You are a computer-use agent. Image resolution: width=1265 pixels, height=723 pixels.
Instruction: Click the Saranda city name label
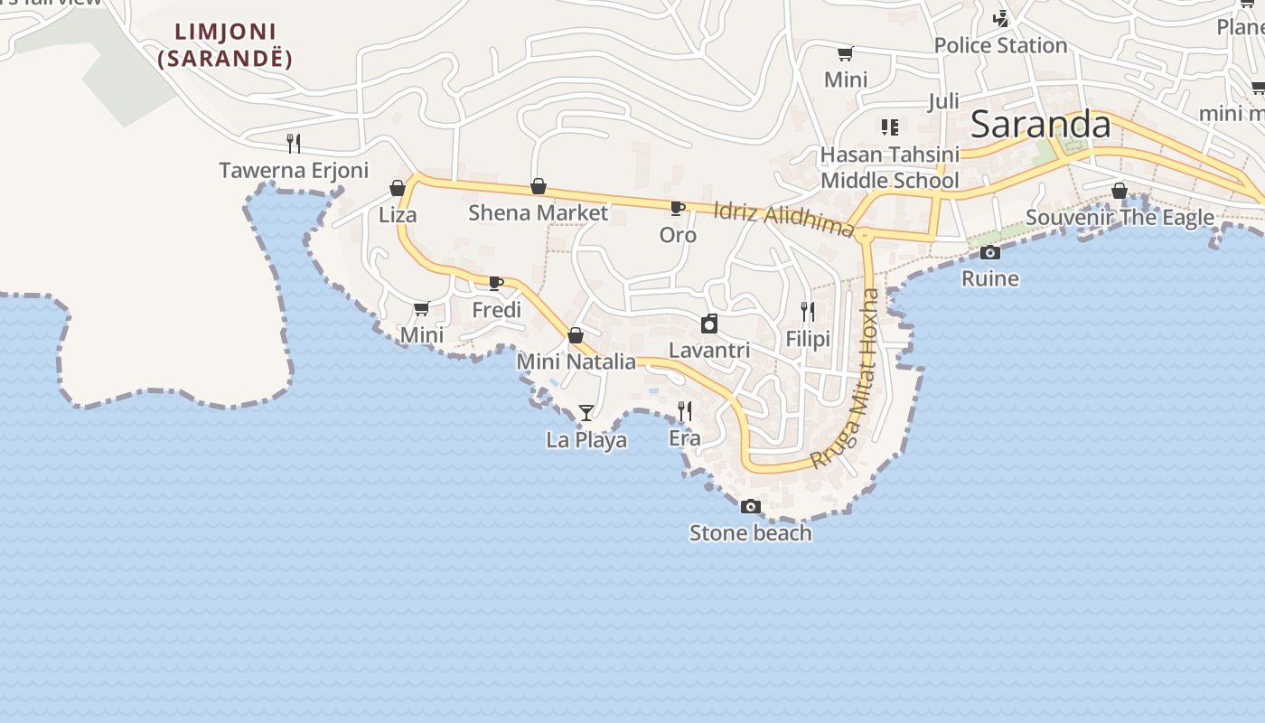click(x=1040, y=125)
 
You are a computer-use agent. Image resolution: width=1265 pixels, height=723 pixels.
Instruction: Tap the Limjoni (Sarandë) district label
click(x=225, y=45)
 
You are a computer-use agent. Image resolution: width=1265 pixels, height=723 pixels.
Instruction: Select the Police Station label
click(x=1000, y=45)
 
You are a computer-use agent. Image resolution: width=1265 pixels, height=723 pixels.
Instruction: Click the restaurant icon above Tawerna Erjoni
click(x=293, y=143)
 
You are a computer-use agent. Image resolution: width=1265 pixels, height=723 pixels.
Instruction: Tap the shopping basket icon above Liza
click(x=398, y=188)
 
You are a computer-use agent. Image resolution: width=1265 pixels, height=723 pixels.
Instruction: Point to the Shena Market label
click(x=539, y=212)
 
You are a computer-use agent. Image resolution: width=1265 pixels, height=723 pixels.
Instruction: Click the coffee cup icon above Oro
click(x=677, y=208)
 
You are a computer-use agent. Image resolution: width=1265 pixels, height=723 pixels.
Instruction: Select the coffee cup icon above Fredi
click(x=496, y=283)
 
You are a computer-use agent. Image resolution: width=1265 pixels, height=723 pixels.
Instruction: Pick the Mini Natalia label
click(x=576, y=361)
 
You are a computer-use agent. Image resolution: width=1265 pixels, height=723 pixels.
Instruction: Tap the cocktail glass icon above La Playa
click(x=586, y=413)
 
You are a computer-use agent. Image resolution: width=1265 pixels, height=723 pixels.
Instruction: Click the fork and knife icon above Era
click(x=685, y=411)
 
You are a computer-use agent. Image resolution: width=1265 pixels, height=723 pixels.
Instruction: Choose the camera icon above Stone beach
click(x=750, y=506)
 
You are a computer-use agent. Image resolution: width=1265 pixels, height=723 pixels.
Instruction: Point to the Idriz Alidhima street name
click(x=783, y=219)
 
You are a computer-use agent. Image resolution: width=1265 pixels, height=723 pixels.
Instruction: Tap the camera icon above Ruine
click(x=990, y=252)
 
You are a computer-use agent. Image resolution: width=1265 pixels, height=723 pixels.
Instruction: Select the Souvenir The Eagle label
click(x=1120, y=217)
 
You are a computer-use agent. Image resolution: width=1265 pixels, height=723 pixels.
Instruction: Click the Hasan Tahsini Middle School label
click(x=889, y=167)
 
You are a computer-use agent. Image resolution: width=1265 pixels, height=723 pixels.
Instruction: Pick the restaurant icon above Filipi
click(x=808, y=312)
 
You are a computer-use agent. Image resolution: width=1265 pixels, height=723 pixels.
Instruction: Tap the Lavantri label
click(x=709, y=349)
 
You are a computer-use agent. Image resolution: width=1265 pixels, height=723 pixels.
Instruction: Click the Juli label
click(x=943, y=100)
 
